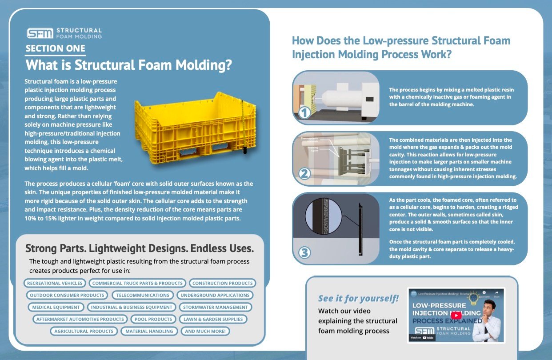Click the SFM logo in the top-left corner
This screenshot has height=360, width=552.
(40, 33)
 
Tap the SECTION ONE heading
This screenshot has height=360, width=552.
(55, 48)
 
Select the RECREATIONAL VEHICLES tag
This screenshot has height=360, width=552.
(55, 283)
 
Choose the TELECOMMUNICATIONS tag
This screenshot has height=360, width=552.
(143, 295)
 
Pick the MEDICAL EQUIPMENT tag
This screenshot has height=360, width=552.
(56, 307)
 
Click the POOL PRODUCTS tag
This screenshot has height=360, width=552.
(153, 319)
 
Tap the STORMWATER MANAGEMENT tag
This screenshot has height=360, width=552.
(215, 307)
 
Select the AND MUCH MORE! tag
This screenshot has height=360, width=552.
(205, 331)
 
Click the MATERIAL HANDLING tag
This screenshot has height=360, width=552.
(149, 331)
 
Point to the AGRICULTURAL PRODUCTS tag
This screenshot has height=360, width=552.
(84, 331)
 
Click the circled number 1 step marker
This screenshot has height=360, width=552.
(304, 113)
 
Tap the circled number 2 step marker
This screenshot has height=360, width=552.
(304, 173)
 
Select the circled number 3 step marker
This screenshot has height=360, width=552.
(304, 253)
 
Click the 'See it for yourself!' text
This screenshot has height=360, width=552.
(358, 298)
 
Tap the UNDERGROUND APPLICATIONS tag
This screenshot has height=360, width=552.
(215, 295)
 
